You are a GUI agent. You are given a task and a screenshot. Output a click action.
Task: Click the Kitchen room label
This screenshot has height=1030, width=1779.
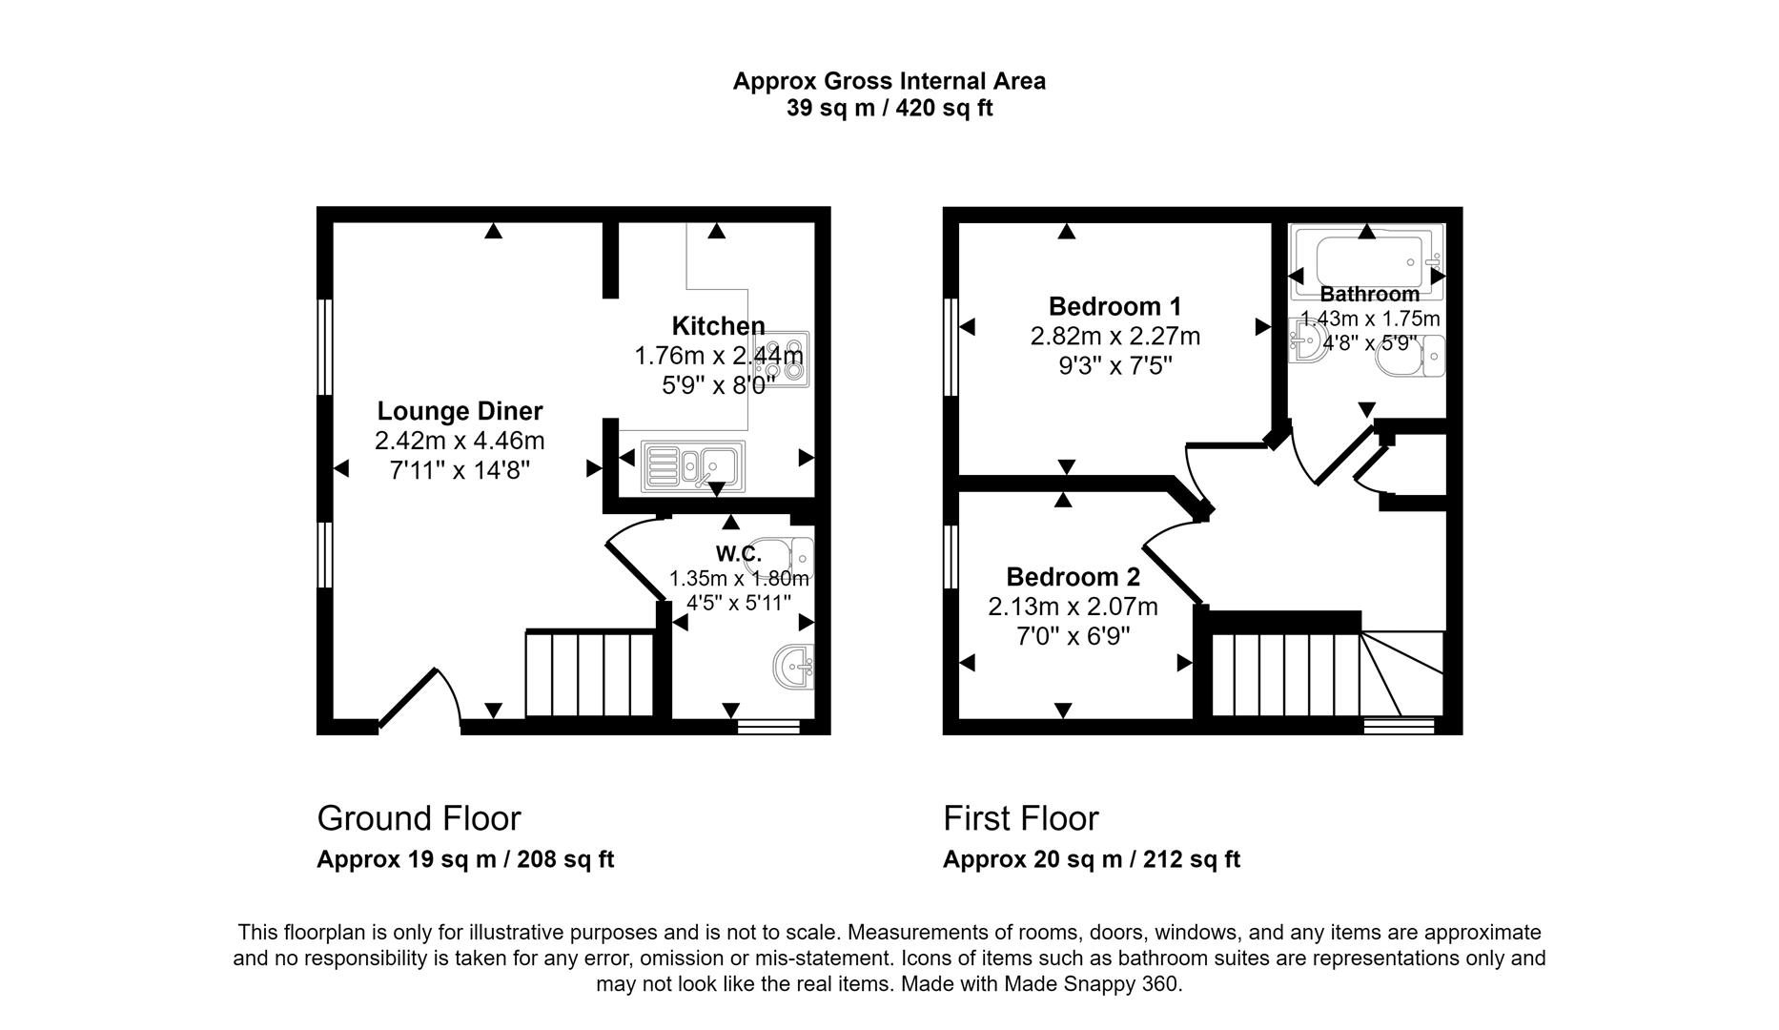click(718, 326)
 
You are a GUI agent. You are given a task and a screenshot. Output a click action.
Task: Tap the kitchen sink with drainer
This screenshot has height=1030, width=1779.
click(693, 465)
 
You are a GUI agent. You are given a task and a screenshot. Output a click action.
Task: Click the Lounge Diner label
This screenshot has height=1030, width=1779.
click(460, 411)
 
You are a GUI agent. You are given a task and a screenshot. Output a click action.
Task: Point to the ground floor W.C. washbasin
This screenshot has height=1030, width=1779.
click(794, 666)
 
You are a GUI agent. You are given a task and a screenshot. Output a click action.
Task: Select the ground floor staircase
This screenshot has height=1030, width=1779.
click(589, 672)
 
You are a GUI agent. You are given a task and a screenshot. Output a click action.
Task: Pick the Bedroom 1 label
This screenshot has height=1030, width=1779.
click(1114, 307)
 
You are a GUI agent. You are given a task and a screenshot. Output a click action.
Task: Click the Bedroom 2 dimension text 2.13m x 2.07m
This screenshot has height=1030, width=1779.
click(1073, 607)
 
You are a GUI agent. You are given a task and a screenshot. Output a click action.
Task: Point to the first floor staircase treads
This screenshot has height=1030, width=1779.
click(1284, 674)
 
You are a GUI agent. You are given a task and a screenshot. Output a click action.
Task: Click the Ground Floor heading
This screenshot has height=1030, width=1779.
click(419, 818)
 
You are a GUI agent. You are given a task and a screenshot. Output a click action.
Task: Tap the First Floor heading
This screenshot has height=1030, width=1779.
click(1020, 818)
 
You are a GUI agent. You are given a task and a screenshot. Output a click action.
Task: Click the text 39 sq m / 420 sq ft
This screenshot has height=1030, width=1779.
click(889, 109)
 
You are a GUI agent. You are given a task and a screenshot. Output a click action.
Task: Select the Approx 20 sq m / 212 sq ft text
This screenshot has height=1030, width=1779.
click(1091, 859)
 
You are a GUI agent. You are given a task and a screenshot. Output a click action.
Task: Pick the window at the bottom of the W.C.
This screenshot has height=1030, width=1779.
click(767, 728)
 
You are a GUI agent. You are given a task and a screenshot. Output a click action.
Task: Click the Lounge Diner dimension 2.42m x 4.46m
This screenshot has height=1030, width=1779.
click(460, 441)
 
